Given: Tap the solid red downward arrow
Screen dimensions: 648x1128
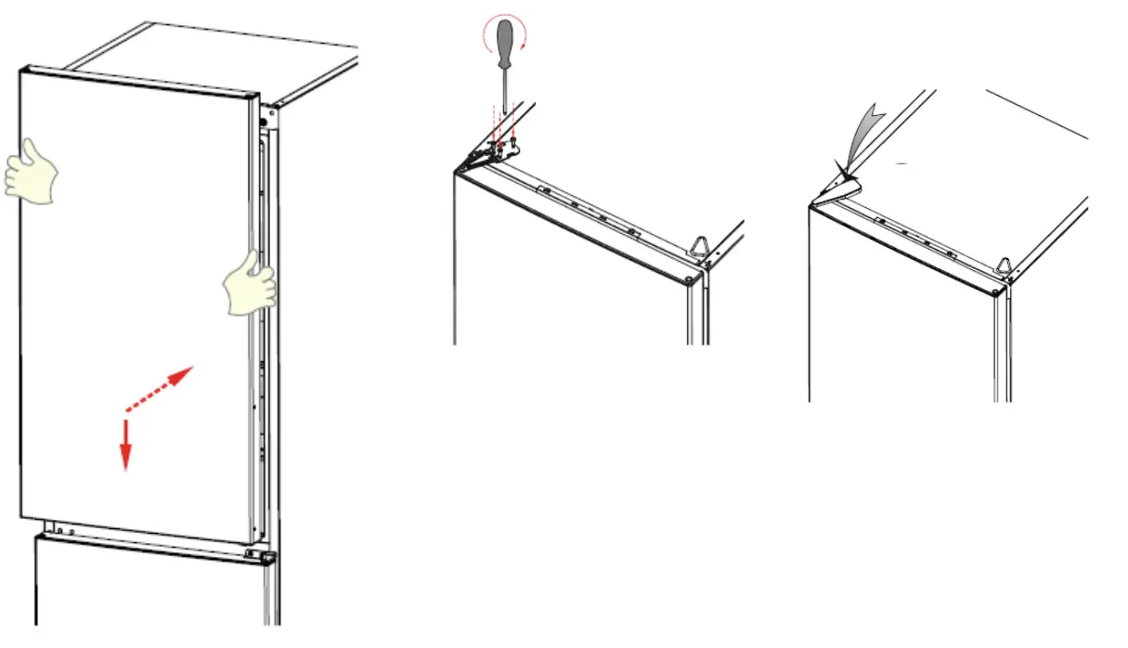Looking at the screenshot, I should tap(125, 446).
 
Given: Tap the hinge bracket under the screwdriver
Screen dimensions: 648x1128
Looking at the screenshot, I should tap(501, 148).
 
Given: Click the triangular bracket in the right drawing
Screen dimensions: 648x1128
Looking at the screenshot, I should tap(1005, 266).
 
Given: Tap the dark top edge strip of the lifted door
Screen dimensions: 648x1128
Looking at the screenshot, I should tap(139, 80).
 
